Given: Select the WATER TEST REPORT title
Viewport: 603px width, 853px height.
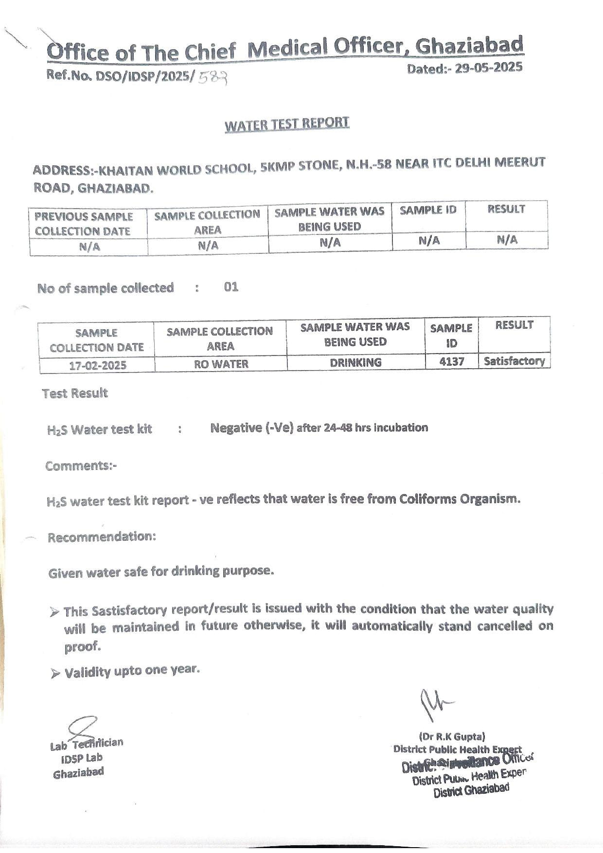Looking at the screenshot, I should [x=287, y=124].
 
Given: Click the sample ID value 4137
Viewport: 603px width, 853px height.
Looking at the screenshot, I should [x=452, y=361].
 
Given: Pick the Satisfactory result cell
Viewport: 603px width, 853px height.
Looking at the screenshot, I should [x=514, y=361].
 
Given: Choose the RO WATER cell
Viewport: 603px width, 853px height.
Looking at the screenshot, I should [x=221, y=364].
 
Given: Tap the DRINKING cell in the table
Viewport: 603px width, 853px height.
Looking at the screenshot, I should [x=355, y=362].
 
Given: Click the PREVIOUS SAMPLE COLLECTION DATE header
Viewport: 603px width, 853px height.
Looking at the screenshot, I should [x=83, y=224].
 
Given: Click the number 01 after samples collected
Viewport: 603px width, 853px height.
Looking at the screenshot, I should [x=231, y=287].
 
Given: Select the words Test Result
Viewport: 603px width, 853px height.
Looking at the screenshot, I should [x=75, y=393].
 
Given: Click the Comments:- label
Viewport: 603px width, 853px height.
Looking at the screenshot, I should [x=81, y=466].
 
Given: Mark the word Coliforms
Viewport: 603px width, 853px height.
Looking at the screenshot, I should [x=428, y=499].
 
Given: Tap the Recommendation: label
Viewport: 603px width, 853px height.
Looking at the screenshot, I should [x=102, y=537].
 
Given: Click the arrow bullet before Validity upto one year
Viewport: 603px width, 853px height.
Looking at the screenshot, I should [x=55, y=674].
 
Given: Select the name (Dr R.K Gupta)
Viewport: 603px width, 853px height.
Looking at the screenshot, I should [x=452, y=737].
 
